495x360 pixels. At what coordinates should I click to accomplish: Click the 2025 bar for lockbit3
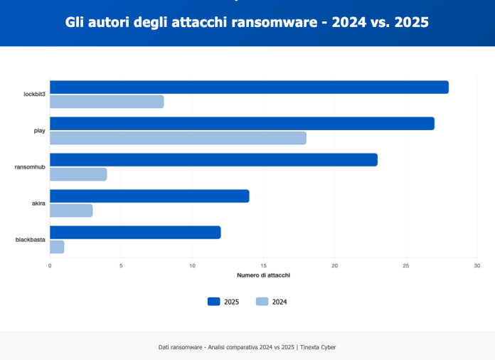(x=249, y=87)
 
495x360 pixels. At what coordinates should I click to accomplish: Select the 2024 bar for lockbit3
(x=107, y=102)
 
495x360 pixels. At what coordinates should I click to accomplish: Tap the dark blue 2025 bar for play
(x=242, y=123)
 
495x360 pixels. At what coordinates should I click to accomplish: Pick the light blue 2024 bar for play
(x=178, y=138)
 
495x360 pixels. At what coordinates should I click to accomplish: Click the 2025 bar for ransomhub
(x=213, y=159)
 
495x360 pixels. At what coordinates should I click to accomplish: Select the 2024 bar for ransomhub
(x=78, y=174)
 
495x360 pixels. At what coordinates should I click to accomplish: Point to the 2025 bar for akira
(x=149, y=196)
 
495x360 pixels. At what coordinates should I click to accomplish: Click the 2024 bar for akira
(x=71, y=211)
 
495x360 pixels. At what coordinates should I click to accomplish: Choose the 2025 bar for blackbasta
(x=135, y=232)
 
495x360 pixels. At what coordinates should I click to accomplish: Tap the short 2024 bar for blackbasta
(x=57, y=247)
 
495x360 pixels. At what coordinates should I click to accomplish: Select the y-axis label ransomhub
(x=31, y=167)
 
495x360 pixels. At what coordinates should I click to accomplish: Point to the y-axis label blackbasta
(x=31, y=240)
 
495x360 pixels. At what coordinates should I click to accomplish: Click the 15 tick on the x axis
(x=263, y=265)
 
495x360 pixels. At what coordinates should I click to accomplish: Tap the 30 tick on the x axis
(x=477, y=265)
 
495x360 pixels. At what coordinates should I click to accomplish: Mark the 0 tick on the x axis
(x=50, y=265)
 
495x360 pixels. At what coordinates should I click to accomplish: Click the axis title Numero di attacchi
(x=263, y=275)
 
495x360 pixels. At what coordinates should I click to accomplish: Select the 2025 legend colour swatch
(x=214, y=301)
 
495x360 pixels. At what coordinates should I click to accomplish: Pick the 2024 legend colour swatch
(x=262, y=301)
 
